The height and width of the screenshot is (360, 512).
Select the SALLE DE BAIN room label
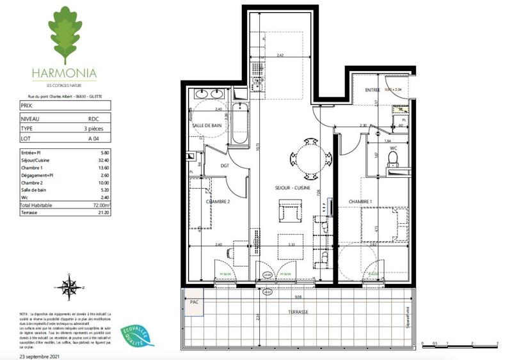point(207,126)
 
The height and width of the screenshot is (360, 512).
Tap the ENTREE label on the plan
point(372,91)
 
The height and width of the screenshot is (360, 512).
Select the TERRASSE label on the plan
point(298,312)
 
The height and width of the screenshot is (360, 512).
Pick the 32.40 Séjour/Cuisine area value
point(97,159)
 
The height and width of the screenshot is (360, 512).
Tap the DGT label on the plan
point(225,166)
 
